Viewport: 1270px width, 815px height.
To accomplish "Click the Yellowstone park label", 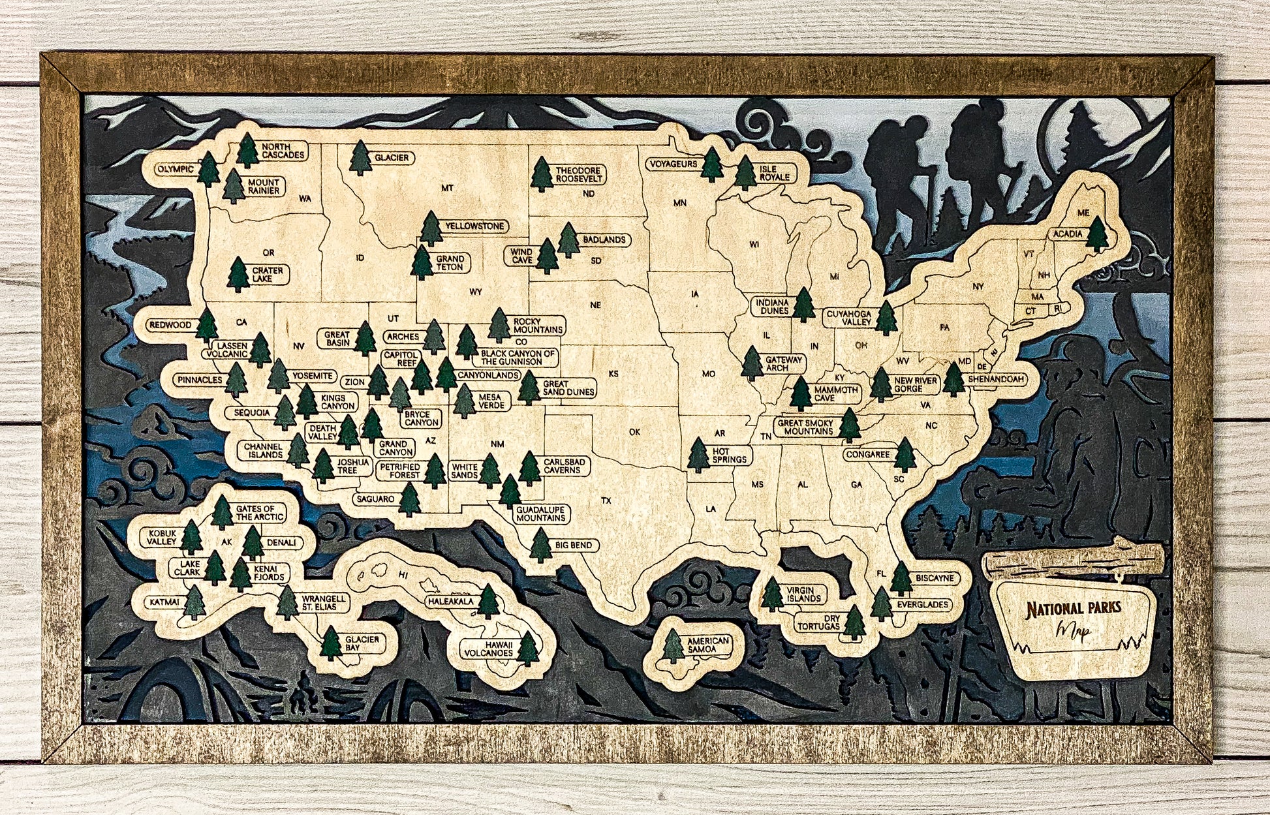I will click(474, 226).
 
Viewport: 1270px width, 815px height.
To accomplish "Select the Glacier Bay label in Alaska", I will click(362, 644).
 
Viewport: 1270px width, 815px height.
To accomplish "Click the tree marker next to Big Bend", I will click(540, 546).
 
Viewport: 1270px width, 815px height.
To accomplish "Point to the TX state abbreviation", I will click(606, 500).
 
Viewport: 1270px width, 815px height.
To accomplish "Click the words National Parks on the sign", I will click(1073, 609).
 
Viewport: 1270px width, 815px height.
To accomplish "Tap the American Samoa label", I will click(707, 645).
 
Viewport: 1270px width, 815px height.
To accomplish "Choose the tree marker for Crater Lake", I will click(238, 274).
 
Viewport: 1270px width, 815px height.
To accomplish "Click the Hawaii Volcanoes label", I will click(489, 649).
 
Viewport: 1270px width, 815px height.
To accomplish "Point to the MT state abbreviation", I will click(447, 189).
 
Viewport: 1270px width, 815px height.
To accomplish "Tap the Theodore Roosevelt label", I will click(578, 175).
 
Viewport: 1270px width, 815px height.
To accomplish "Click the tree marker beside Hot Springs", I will click(698, 455).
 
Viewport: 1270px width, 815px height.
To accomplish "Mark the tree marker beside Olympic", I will click(208, 170).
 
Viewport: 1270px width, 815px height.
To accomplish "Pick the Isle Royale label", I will click(774, 173).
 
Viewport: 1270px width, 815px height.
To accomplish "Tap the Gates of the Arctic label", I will click(260, 513).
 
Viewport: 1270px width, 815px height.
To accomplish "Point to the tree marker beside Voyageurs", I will click(711, 164).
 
